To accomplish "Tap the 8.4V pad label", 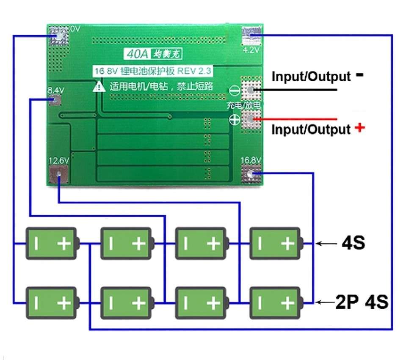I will [x=56, y=90].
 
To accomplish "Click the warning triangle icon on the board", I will [x=99, y=87].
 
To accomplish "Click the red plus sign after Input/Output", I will [x=359, y=127].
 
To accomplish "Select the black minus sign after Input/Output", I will [x=359, y=75].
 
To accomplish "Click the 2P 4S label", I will [x=362, y=302].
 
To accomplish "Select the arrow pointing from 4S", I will [x=326, y=244].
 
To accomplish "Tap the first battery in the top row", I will [x=52, y=243].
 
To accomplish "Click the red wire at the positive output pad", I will [x=296, y=120].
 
